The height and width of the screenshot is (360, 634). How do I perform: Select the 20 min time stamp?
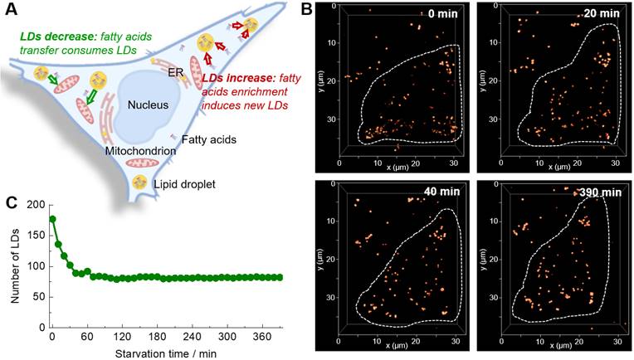[597, 15]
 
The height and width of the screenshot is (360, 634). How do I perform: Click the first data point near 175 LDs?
[52, 220]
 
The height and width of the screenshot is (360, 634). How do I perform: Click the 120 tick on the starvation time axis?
[124, 338]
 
